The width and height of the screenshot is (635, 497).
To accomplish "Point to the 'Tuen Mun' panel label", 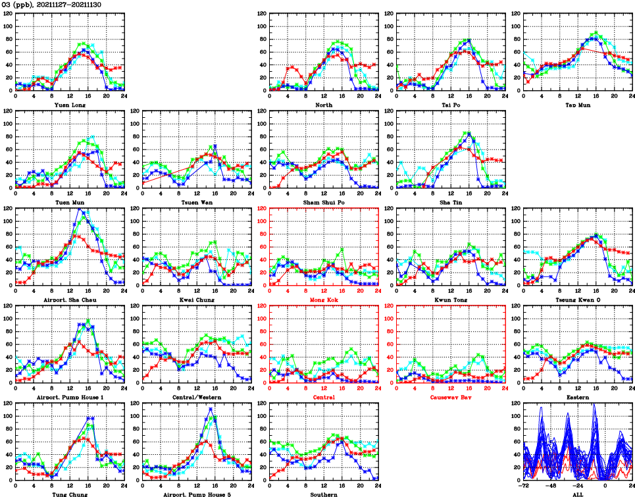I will pyautogui.click(x=69, y=202).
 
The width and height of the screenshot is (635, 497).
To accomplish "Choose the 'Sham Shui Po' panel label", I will pyautogui.click(x=323, y=202).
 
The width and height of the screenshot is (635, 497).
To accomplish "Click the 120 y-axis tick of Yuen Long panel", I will pyautogui.click(x=9, y=14).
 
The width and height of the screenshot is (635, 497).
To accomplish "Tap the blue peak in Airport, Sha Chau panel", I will pyautogui.click(x=79, y=209).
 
